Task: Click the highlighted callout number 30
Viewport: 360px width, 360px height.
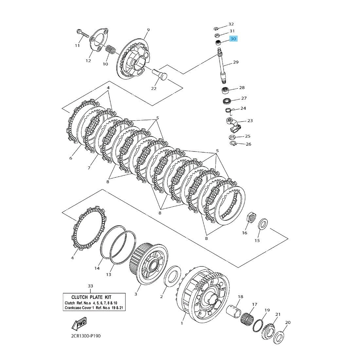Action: (233, 39)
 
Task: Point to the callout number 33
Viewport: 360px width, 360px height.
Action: (90, 286)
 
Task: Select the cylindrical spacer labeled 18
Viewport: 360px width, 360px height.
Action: (236, 311)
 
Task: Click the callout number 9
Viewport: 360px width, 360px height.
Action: (148, 30)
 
